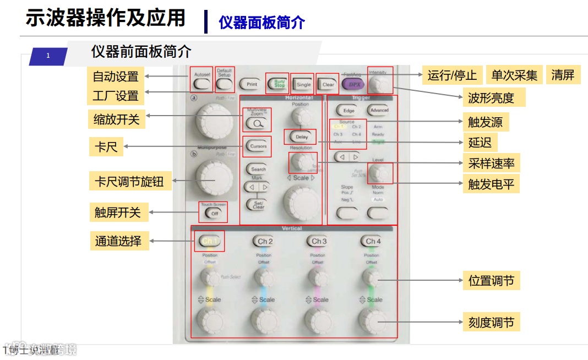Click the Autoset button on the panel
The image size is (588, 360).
202,84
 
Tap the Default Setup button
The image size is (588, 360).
224,84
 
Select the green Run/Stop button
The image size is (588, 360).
276,84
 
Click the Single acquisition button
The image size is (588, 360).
303,85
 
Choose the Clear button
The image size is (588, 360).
328,85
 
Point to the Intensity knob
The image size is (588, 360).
379,84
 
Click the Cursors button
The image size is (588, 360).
258,146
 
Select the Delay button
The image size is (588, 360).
301,137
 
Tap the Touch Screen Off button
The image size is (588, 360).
214,213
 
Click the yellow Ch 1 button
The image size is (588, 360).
210,241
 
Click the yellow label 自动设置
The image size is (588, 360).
116,77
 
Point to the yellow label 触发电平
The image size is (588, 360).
491,184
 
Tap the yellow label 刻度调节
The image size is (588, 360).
491,322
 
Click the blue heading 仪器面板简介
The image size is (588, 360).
262,23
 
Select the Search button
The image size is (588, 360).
258,169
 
